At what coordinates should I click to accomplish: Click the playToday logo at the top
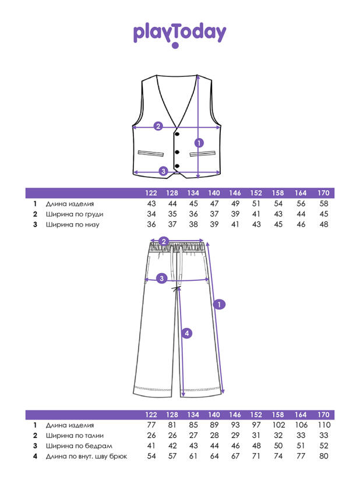coord(179,34)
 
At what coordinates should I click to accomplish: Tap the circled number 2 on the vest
coord(158,126)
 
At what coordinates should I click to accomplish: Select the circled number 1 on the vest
coord(199,143)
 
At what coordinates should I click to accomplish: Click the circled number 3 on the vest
coord(163,171)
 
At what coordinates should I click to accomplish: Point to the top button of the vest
coord(177,134)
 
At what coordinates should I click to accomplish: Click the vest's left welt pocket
coord(151,153)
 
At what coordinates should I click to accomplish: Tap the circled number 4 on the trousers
coord(187,333)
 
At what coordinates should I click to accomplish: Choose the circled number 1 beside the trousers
coord(219,304)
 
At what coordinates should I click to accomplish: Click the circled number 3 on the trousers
coord(161,278)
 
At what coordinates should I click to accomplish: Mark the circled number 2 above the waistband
coord(164,241)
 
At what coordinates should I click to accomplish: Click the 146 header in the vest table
coord(235,193)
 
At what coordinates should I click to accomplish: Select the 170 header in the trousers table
coord(323,415)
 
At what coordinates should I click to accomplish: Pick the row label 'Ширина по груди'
coord(75,214)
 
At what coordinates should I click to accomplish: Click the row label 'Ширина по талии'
coord(75,436)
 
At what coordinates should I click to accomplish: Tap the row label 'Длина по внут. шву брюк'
coord(86,457)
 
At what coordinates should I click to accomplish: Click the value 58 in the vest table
coord(323,203)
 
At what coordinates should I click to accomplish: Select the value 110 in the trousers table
coord(324,425)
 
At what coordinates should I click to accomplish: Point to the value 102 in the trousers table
coord(278,425)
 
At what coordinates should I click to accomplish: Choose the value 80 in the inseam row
coord(323,456)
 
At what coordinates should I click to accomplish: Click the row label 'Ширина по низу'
coord(73,225)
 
